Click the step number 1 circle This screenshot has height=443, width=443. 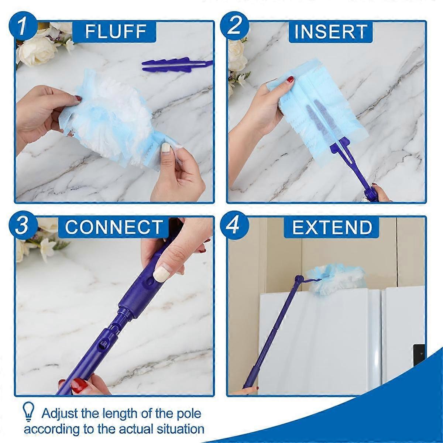point(23,27)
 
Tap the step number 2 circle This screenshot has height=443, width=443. point(234,27)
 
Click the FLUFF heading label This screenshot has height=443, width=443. point(115,31)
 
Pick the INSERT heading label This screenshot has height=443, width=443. point(331,31)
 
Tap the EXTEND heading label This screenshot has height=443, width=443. point(332,227)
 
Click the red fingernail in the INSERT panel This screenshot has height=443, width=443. point(290,79)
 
